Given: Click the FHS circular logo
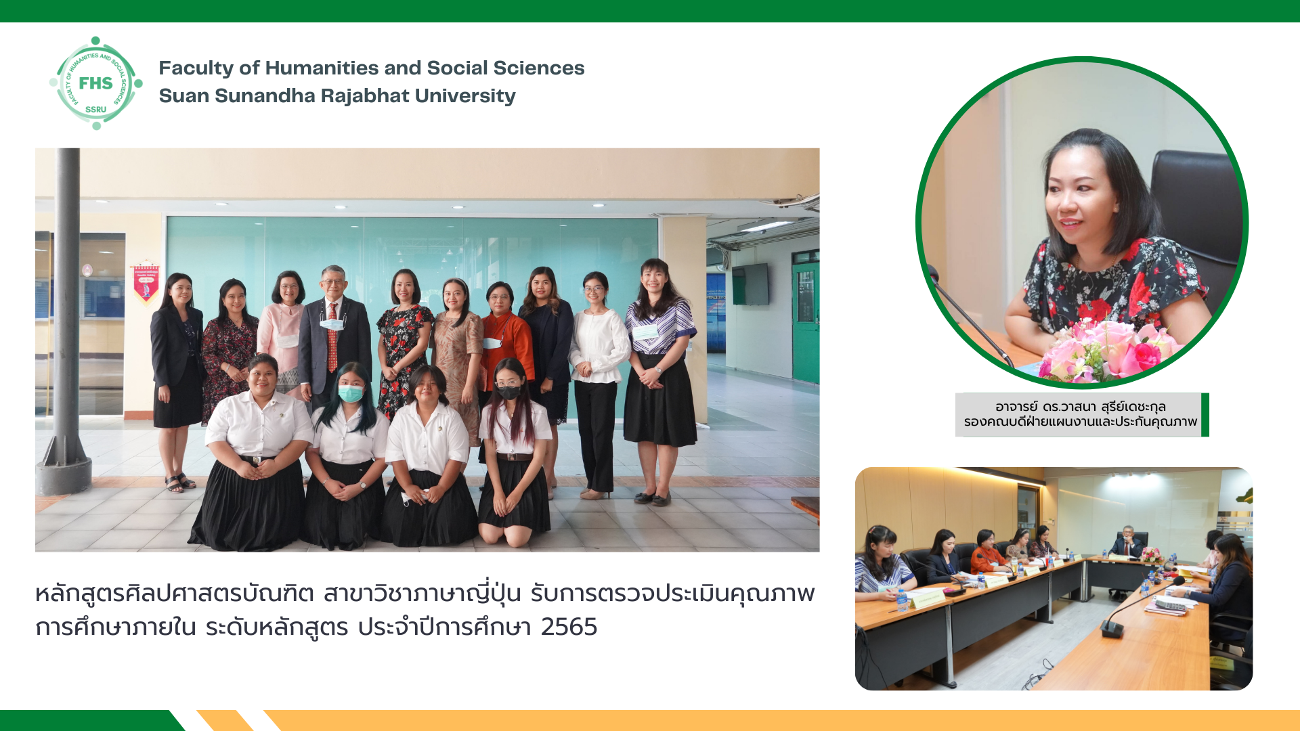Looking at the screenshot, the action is (x=95, y=83).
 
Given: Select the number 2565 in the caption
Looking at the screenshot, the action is (x=569, y=627).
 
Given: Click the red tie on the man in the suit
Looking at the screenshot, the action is (x=332, y=337).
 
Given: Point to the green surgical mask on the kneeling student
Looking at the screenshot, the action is (x=350, y=393).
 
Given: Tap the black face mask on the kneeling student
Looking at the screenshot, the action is (x=508, y=392).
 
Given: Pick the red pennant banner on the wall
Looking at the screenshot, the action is (x=146, y=282).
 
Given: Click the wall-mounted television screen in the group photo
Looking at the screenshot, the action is (x=750, y=284).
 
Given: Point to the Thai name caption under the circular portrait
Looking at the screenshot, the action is (x=1081, y=414).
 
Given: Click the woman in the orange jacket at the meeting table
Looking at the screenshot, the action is (x=987, y=554).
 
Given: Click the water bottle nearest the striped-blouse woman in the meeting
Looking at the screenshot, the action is (x=901, y=600).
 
